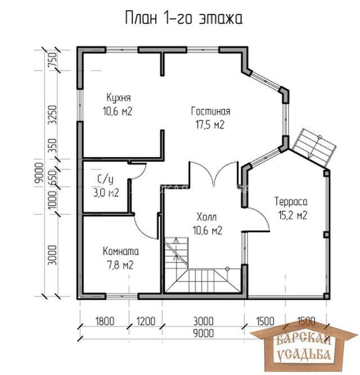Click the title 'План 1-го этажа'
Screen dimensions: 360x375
pos(184,18)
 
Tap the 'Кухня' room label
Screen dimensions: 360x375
pos(119,98)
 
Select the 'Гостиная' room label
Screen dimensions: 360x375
pos(210,111)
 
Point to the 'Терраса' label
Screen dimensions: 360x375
pos(291,202)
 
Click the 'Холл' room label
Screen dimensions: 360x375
pos(206,217)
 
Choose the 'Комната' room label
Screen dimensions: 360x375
pos(120,251)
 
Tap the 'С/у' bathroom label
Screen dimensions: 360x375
pos(105,180)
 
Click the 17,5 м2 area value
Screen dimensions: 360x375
pos(210,125)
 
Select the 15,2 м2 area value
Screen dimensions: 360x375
pos(292,215)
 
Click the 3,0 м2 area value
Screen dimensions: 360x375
pos(106,193)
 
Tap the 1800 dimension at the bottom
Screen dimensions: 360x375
pos(105,321)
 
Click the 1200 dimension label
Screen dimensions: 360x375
pos(146,321)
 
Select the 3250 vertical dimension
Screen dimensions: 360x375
pos(53,114)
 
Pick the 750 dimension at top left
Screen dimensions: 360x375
pos(53,60)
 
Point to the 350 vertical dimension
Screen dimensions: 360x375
pos(53,146)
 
